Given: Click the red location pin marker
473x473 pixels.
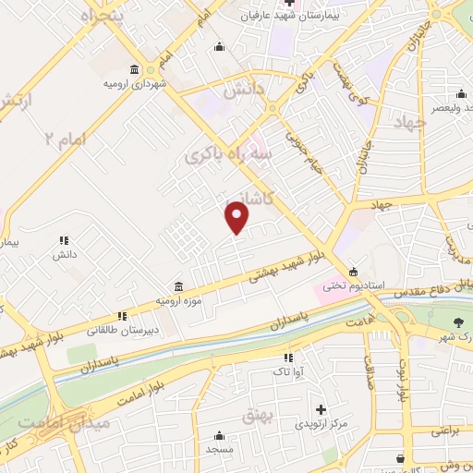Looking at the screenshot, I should [237, 217].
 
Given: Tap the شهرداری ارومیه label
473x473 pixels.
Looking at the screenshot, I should [135, 84].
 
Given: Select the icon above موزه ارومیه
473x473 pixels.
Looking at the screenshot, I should [179, 287].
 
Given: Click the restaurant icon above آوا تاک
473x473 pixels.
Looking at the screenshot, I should [288, 357].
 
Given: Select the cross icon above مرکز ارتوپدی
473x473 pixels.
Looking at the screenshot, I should [321, 408].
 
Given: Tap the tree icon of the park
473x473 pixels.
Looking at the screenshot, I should [459, 322].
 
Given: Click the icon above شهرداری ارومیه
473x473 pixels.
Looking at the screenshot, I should [135, 70].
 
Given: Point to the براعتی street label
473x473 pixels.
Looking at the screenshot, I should [453, 432].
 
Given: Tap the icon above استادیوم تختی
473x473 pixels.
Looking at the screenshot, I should [353, 271].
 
